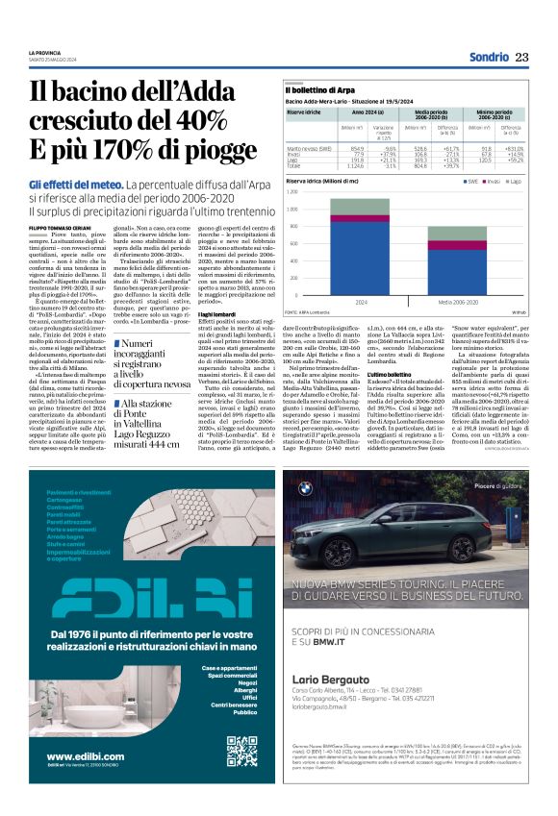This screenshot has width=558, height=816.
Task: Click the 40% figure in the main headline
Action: click(222, 121)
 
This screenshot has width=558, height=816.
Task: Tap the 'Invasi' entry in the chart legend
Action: click(492, 181)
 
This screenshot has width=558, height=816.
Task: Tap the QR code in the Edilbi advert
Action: click(241, 751)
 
